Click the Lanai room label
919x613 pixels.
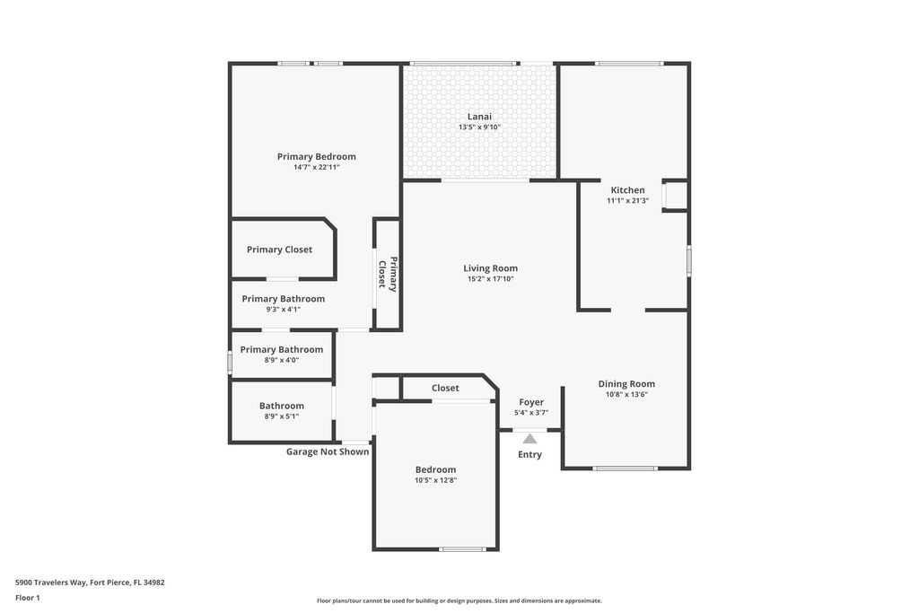[479, 116]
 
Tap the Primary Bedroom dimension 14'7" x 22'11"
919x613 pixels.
[316, 167]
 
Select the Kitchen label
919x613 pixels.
[627, 189]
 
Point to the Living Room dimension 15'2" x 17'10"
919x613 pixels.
[490, 278]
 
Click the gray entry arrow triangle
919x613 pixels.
[530, 439]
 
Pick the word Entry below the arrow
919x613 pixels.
[530, 454]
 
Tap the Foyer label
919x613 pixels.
[531, 402]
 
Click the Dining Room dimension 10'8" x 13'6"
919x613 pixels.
[626, 394]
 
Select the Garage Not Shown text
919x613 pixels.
[328, 451]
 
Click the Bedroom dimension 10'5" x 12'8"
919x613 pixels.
[435, 480]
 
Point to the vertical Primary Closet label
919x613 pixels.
[387, 274]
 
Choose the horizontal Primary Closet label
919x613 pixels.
[279, 250]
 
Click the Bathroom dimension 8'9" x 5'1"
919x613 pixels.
[282, 416]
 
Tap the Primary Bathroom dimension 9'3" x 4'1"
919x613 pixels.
[283, 309]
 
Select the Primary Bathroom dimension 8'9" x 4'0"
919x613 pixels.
[282, 360]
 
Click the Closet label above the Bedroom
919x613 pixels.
[445, 388]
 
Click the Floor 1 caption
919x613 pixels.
[28, 598]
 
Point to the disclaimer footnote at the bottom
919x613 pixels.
[459, 600]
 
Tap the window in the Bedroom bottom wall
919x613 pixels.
[462, 549]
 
